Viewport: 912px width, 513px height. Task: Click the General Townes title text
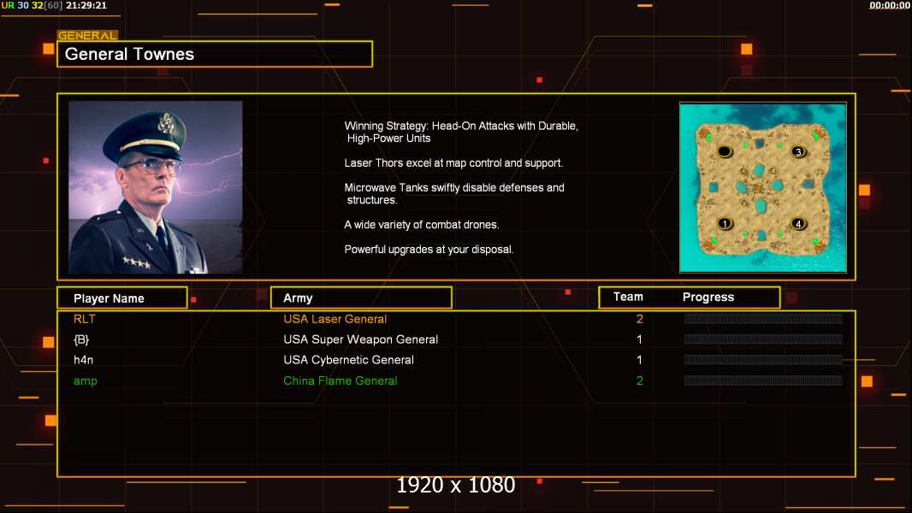click(129, 54)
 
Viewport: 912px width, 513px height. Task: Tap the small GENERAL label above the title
click(87, 35)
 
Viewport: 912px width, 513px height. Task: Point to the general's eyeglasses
click(151, 167)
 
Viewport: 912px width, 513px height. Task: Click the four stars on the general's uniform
click(137, 262)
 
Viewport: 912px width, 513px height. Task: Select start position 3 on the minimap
click(798, 151)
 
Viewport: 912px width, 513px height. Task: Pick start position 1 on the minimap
click(724, 223)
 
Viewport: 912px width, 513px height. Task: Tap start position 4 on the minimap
click(798, 223)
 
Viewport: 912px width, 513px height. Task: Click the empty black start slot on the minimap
click(724, 151)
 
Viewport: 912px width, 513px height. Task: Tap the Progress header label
click(708, 297)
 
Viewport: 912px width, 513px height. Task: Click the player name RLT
click(85, 319)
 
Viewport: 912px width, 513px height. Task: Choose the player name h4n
click(83, 360)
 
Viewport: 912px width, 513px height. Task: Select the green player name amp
click(85, 381)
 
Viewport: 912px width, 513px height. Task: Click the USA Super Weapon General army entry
click(361, 339)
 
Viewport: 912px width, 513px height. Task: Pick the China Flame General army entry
click(341, 380)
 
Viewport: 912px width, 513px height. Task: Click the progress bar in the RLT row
click(763, 318)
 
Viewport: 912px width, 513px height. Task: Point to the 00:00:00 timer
click(889, 5)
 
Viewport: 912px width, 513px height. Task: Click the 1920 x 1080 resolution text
click(455, 485)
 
